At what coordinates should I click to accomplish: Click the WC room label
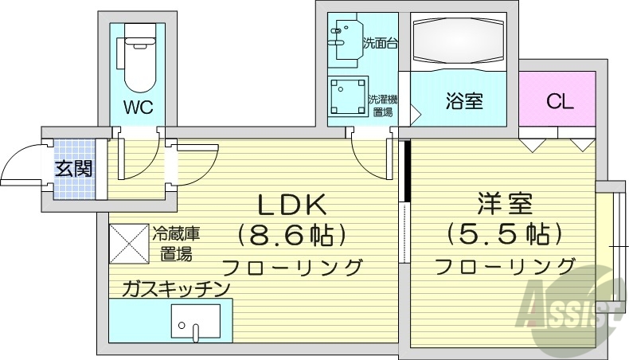[138, 108]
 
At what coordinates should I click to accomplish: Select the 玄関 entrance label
[73, 168]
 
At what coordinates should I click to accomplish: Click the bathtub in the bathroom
[458, 41]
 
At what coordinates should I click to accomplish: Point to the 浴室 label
[464, 101]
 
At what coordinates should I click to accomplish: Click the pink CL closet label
[559, 102]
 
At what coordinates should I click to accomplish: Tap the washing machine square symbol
[348, 96]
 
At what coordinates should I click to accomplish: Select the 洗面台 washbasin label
[380, 43]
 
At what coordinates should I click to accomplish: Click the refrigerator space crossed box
[129, 244]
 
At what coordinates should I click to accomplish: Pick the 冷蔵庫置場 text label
[176, 244]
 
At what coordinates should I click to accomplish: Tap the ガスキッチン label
[177, 289]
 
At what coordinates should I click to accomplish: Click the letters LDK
[291, 204]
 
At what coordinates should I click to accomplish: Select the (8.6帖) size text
[291, 236]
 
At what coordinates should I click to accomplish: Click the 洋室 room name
[505, 203]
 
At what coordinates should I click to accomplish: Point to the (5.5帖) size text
[504, 235]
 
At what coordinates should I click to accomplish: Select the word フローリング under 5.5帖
[504, 266]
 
